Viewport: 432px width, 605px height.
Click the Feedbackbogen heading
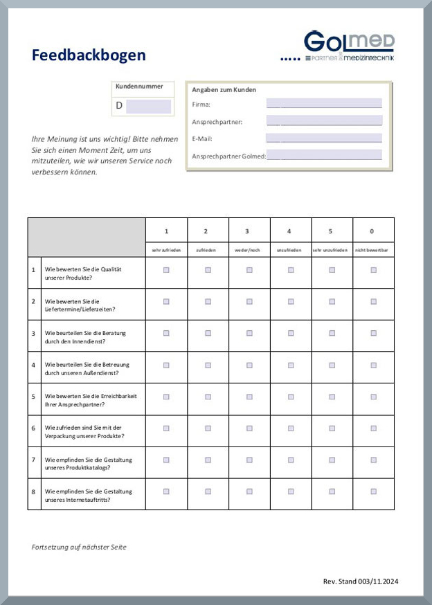click(x=89, y=55)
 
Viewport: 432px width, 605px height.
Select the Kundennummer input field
click(x=148, y=106)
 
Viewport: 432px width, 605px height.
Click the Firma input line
click(x=323, y=104)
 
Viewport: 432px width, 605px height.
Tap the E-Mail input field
click(x=323, y=138)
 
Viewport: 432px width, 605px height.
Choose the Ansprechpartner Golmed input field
click(x=324, y=155)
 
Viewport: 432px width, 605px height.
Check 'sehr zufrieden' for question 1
click(x=166, y=270)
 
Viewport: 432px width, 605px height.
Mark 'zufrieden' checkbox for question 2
click(x=208, y=301)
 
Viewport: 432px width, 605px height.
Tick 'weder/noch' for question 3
click(x=249, y=333)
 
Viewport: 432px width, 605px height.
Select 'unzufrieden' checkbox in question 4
click(x=291, y=365)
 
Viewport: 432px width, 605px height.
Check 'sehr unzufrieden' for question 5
click(x=332, y=397)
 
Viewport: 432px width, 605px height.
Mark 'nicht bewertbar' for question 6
click(x=373, y=428)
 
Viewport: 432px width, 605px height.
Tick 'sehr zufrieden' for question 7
click(x=166, y=460)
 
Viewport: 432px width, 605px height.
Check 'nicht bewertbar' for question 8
click(x=373, y=491)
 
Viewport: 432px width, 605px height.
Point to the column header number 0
click(x=373, y=231)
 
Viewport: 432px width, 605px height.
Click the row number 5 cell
click(x=34, y=397)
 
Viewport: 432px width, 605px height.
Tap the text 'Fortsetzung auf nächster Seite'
click(x=79, y=547)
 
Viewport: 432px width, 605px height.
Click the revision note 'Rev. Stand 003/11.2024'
click(x=361, y=581)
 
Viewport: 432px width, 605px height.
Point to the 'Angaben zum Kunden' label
click(x=224, y=90)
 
